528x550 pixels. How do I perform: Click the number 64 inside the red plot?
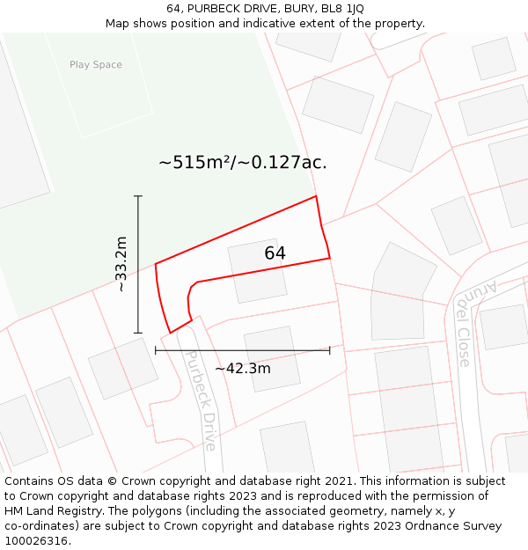[x=275, y=253]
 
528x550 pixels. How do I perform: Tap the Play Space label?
[x=96, y=64]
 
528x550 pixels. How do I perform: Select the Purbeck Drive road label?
[x=199, y=399]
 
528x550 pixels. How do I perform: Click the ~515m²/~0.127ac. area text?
[x=243, y=163]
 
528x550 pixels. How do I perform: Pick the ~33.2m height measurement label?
[x=121, y=264]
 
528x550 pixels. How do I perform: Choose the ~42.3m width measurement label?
[x=243, y=368]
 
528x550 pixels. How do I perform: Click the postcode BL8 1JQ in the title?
[x=342, y=9]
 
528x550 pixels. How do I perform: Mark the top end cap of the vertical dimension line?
[x=138, y=195]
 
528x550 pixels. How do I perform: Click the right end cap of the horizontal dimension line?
[x=329, y=350]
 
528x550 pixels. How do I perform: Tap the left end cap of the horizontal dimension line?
[x=156, y=350]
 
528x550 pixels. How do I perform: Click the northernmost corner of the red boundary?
[x=316, y=196]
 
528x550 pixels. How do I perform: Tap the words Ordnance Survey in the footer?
[x=458, y=526]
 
